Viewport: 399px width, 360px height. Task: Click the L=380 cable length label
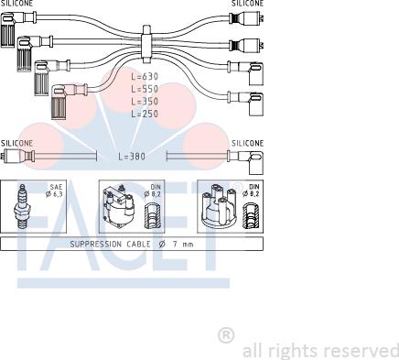(133, 157)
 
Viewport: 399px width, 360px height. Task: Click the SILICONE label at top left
(17, 4)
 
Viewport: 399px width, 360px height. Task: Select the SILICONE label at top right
(246, 4)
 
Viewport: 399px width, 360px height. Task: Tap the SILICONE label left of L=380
(17, 144)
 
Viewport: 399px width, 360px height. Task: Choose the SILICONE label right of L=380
(247, 144)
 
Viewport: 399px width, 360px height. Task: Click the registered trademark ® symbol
(226, 336)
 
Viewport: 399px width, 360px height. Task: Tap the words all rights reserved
(319, 350)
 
